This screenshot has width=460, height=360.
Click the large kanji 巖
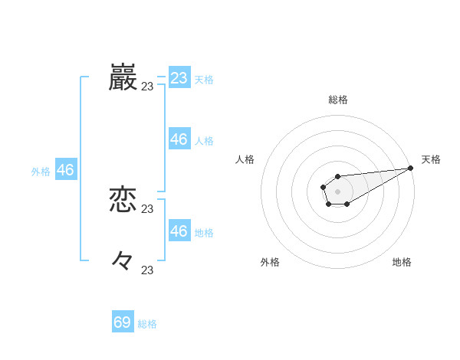tap(123, 78)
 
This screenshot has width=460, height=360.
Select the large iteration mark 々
tap(123, 261)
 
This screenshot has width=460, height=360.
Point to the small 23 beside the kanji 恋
tap(147, 209)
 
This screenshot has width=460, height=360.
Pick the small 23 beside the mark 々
tap(147, 270)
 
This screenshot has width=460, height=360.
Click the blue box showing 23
tap(179, 78)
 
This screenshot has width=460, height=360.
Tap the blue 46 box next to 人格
tap(179, 139)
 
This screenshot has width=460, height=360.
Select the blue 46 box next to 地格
tap(179, 231)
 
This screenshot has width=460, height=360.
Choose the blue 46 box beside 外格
tap(65, 170)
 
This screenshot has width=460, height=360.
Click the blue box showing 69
tap(123, 322)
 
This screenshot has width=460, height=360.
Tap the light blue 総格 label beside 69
tap(147, 324)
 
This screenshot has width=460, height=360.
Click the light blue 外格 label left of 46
tap(41, 172)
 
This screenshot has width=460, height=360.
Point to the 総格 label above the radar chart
tap(337, 100)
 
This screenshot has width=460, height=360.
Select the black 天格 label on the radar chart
tap(431, 159)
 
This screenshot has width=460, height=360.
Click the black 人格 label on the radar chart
tap(245, 159)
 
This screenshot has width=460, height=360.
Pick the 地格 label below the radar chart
tap(402, 262)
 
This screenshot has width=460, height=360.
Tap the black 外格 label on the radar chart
tap(270, 262)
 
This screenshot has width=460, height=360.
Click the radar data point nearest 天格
tap(411, 169)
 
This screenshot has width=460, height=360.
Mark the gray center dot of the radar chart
tap(337, 191)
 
